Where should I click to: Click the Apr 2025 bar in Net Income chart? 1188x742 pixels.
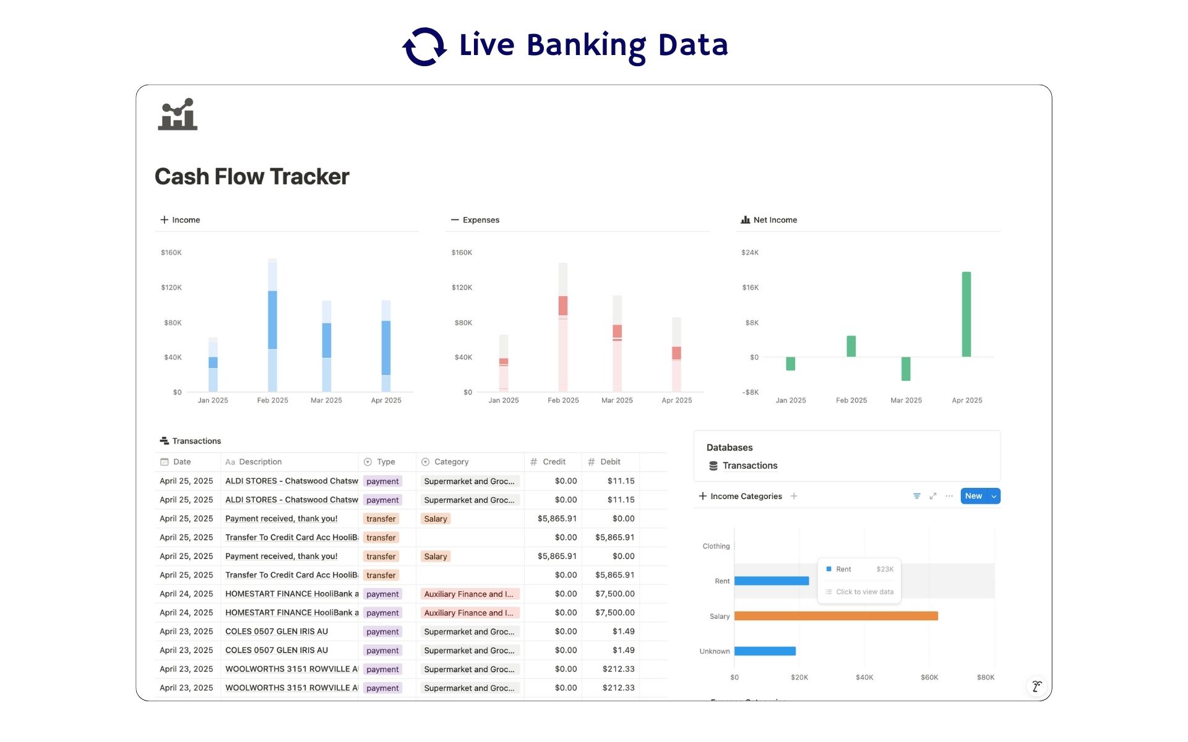966,314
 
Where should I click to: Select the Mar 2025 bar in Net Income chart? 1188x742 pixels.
905,369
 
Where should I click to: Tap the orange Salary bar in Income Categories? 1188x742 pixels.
835,616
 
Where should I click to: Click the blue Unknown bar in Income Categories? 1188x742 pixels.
765,651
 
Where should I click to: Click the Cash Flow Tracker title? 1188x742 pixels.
252,177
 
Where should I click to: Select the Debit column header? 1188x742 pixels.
609,462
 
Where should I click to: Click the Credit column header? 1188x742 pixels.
553,462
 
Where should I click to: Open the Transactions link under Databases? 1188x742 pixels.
749,466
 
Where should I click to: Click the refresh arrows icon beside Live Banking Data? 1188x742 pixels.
424,46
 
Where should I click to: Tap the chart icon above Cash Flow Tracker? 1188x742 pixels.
178,114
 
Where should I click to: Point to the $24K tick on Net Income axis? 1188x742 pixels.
749,252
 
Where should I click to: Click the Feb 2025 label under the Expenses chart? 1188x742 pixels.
563,401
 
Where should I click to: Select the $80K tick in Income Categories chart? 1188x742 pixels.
985,678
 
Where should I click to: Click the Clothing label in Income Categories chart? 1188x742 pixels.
716,547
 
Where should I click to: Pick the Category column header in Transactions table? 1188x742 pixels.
451,462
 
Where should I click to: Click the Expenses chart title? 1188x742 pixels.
480,220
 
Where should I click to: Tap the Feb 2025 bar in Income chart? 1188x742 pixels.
272,325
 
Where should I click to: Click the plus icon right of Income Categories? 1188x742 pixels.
794,497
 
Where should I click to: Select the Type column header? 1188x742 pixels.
385,462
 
